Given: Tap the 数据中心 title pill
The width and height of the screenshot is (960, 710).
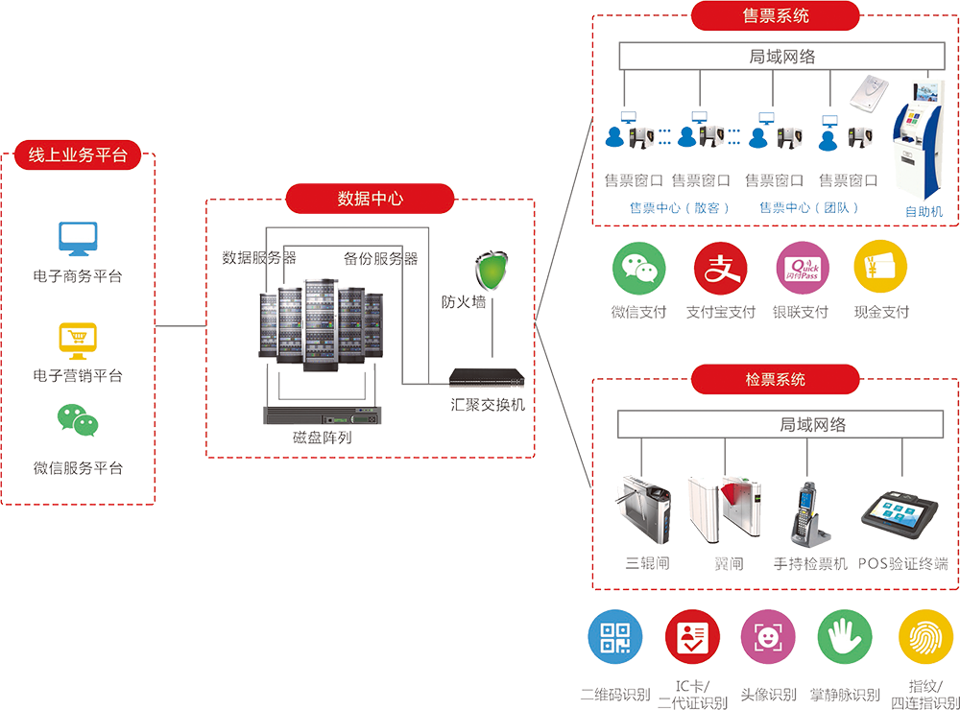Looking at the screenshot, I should (x=370, y=199).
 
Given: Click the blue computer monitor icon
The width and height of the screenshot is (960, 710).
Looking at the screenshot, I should (x=74, y=239).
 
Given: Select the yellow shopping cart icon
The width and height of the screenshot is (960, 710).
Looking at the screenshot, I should (x=74, y=333).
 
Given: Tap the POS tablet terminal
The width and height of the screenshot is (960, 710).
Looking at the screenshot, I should (x=897, y=521).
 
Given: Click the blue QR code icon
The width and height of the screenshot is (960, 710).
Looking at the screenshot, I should (x=614, y=636).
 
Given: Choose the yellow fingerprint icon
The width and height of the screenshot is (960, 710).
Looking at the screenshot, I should (x=924, y=636).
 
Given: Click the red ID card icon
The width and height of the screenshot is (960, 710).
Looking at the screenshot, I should (x=691, y=636).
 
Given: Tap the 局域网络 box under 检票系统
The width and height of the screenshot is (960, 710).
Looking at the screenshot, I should (x=782, y=424).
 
